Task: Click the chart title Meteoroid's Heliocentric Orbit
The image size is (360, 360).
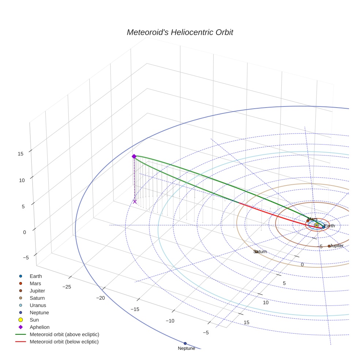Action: pos(180,32)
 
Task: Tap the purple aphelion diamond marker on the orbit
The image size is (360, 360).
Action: pos(134,156)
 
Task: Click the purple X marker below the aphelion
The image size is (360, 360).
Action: pos(135,202)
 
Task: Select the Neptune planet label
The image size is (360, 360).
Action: pos(186,348)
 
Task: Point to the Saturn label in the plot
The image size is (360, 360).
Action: pos(260,252)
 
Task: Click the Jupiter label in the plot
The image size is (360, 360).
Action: pos(337,245)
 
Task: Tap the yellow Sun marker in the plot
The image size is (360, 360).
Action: pos(316,225)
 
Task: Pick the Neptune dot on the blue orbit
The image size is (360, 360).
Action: pos(185,343)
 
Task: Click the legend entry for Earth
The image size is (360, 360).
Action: pos(35,276)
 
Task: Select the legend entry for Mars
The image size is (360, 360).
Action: pos(35,284)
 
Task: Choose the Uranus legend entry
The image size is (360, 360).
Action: pos(38,305)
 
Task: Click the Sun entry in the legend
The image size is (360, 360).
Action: pos(34,320)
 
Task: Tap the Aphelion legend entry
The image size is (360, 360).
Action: pos(40,327)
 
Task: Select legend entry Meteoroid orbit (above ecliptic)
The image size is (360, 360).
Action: pos(64,334)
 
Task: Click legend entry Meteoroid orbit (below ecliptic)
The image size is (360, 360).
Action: pos(64,342)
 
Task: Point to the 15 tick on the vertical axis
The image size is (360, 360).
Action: pos(20,154)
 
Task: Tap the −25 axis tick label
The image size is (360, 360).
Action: pos(67,286)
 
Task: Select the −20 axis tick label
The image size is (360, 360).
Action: pos(100,298)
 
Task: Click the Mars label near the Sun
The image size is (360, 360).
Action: pos(312,219)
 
